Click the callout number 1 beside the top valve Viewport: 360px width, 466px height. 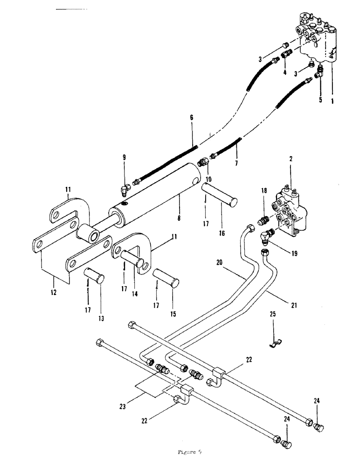coord(332,99)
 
